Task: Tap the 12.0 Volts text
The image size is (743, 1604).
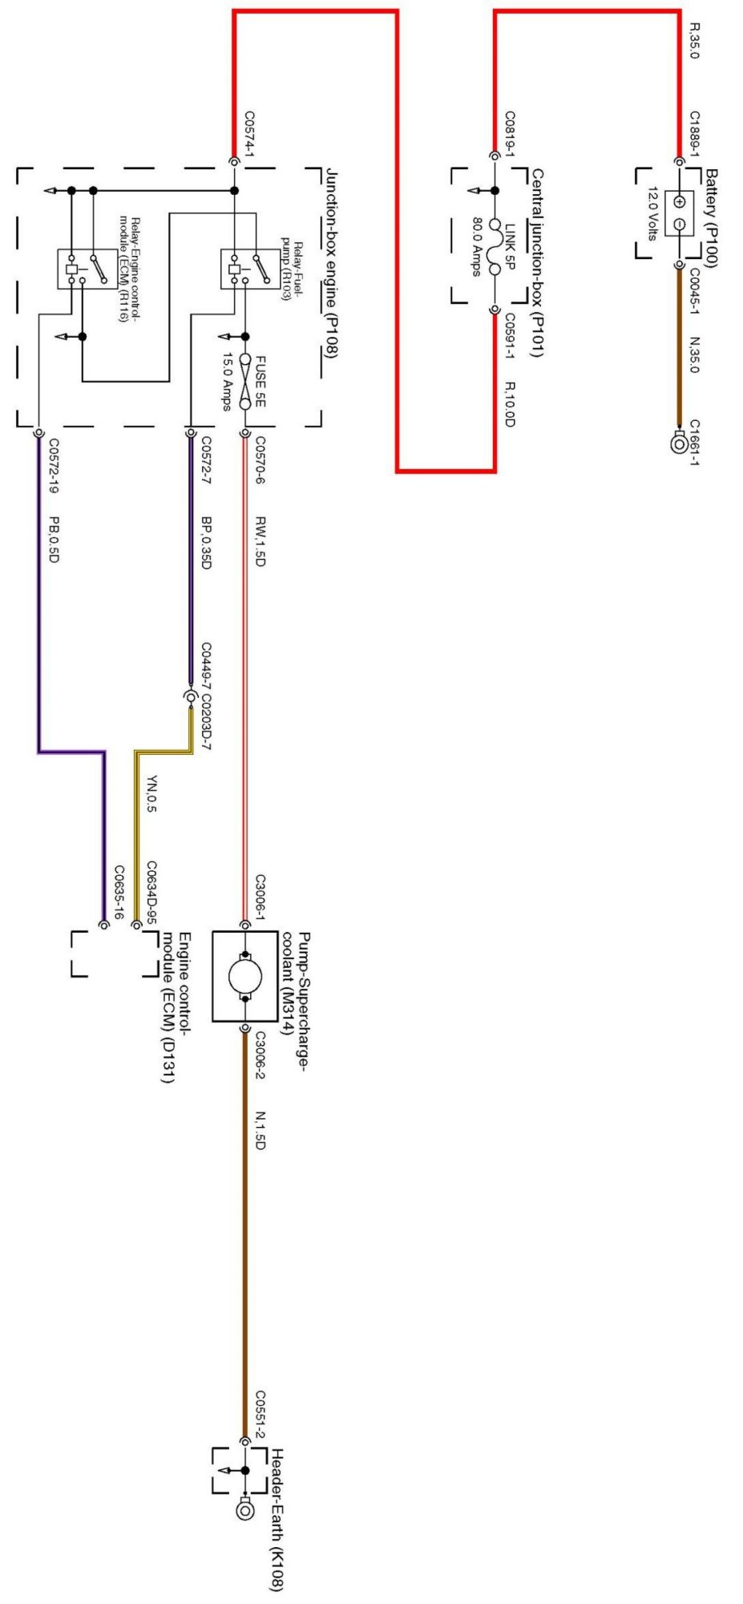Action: click(651, 213)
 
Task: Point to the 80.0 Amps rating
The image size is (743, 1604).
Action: click(476, 246)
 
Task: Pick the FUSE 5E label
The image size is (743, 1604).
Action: click(259, 379)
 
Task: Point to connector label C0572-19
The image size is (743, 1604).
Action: click(53, 475)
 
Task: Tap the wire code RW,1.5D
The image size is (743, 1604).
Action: click(260, 541)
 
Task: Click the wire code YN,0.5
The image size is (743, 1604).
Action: click(151, 793)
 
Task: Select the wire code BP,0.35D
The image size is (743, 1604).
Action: click(206, 542)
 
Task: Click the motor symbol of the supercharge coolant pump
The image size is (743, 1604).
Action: click(245, 976)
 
